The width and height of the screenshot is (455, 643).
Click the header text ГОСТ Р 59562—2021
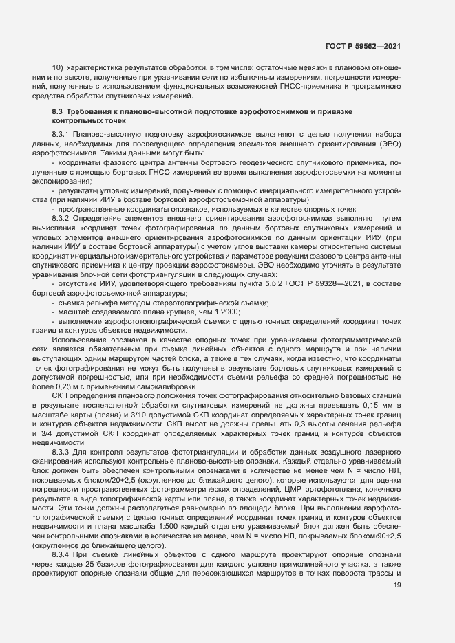tap(363, 47)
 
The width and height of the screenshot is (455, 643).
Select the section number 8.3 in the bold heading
tap(58, 111)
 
